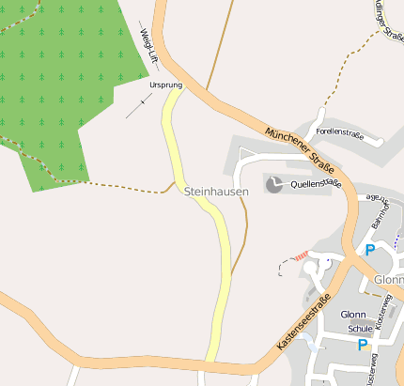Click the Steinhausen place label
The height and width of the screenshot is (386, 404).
tap(217, 192)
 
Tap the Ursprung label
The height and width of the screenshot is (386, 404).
tap(164, 85)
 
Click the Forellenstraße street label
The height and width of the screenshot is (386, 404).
tap(339, 133)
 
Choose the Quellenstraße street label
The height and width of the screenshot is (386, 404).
tap(317, 184)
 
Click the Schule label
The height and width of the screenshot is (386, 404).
tap(360, 330)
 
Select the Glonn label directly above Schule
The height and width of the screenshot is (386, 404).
tap(353, 315)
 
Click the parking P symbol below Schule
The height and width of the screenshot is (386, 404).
tap(363, 346)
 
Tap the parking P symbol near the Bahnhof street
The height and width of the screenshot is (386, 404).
tap(369, 250)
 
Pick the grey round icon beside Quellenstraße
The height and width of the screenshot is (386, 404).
tap(273, 184)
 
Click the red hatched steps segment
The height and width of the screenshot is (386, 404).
tap(301, 255)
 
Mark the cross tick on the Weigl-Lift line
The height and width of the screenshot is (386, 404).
tap(143, 100)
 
